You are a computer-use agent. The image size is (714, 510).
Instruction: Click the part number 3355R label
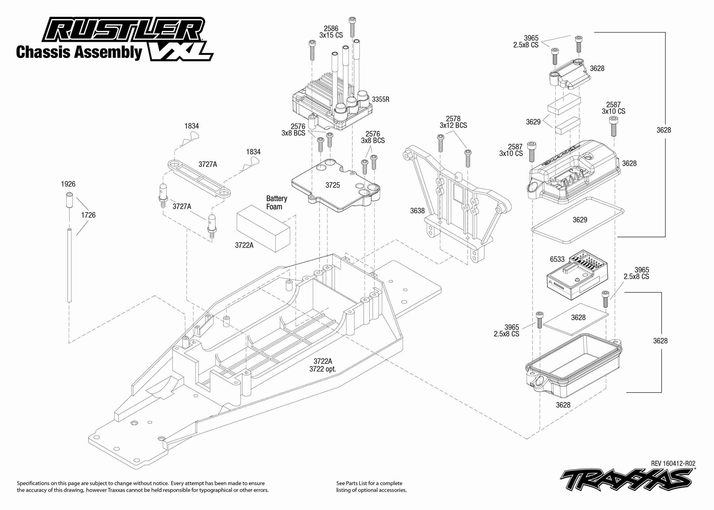pyautogui.click(x=381, y=99)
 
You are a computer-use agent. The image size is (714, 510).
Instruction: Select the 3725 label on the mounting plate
pyautogui.click(x=333, y=185)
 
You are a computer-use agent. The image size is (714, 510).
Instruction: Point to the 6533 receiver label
pyautogui.click(x=557, y=259)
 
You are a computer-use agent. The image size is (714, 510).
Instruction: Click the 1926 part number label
pyautogui.click(x=68, y=184)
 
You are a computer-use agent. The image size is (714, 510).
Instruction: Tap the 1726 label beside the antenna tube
pyautogui.click(x=88, y=215)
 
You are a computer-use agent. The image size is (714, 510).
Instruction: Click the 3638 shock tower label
pyautogui.click(x=417, y=211)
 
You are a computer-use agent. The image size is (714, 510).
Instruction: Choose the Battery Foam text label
pyautogui.click(x=276, y=203)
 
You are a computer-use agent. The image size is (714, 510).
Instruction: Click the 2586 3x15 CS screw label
pyautogui.click(x=331, y=32)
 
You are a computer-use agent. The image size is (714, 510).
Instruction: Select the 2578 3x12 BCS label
pyautogui.click(x=453, y=122)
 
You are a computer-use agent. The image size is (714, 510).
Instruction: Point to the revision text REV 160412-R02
pyautogui.click(x=673, y=463)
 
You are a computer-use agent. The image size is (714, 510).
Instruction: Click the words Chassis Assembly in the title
pyautogui.click(x=79, y=52)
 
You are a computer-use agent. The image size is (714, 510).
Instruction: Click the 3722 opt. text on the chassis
pyautogui.click(x=323, y=369)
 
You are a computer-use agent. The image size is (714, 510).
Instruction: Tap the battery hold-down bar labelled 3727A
pyautogui.click(x=199, y=177)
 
